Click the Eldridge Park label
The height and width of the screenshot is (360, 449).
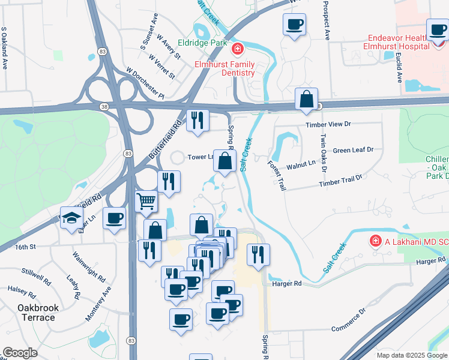pos(202,43)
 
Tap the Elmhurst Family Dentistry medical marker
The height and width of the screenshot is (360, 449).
pos(238,49)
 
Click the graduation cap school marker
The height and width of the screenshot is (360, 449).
pos(71,218)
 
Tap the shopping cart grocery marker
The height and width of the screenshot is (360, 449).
pos(146,202)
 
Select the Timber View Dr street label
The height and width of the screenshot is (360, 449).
pos(327,124)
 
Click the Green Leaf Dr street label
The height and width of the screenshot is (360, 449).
pos(353,150)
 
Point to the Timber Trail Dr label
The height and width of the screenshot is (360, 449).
pos(341,179)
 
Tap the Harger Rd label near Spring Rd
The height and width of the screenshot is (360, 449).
pos(286,283)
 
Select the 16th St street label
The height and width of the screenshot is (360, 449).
pos(26,247)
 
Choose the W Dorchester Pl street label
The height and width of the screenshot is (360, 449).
pos(145,83)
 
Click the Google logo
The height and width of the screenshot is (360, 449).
pos(20,353)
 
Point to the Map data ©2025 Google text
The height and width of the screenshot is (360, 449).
pos(411,355)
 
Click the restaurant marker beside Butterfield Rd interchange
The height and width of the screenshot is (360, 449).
pos(197,120)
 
